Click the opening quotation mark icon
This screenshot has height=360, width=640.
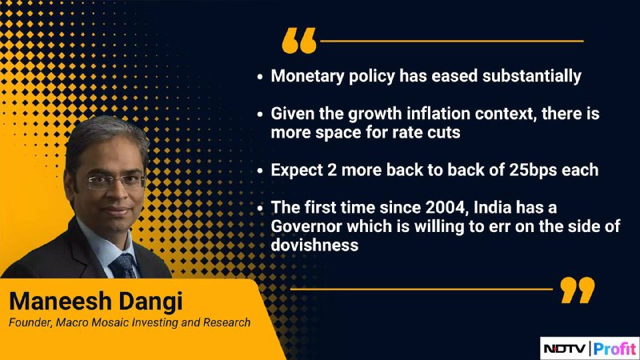point(299,41)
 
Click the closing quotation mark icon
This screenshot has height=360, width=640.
point(578,290)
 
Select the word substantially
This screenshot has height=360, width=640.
point(532,76)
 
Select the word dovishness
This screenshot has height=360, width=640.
point(314,245)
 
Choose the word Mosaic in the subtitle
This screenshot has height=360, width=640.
point(109,322)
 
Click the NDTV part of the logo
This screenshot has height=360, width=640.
point(565,349)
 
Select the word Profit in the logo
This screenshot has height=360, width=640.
point(614,349)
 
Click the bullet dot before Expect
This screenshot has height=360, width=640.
point(260,170)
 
